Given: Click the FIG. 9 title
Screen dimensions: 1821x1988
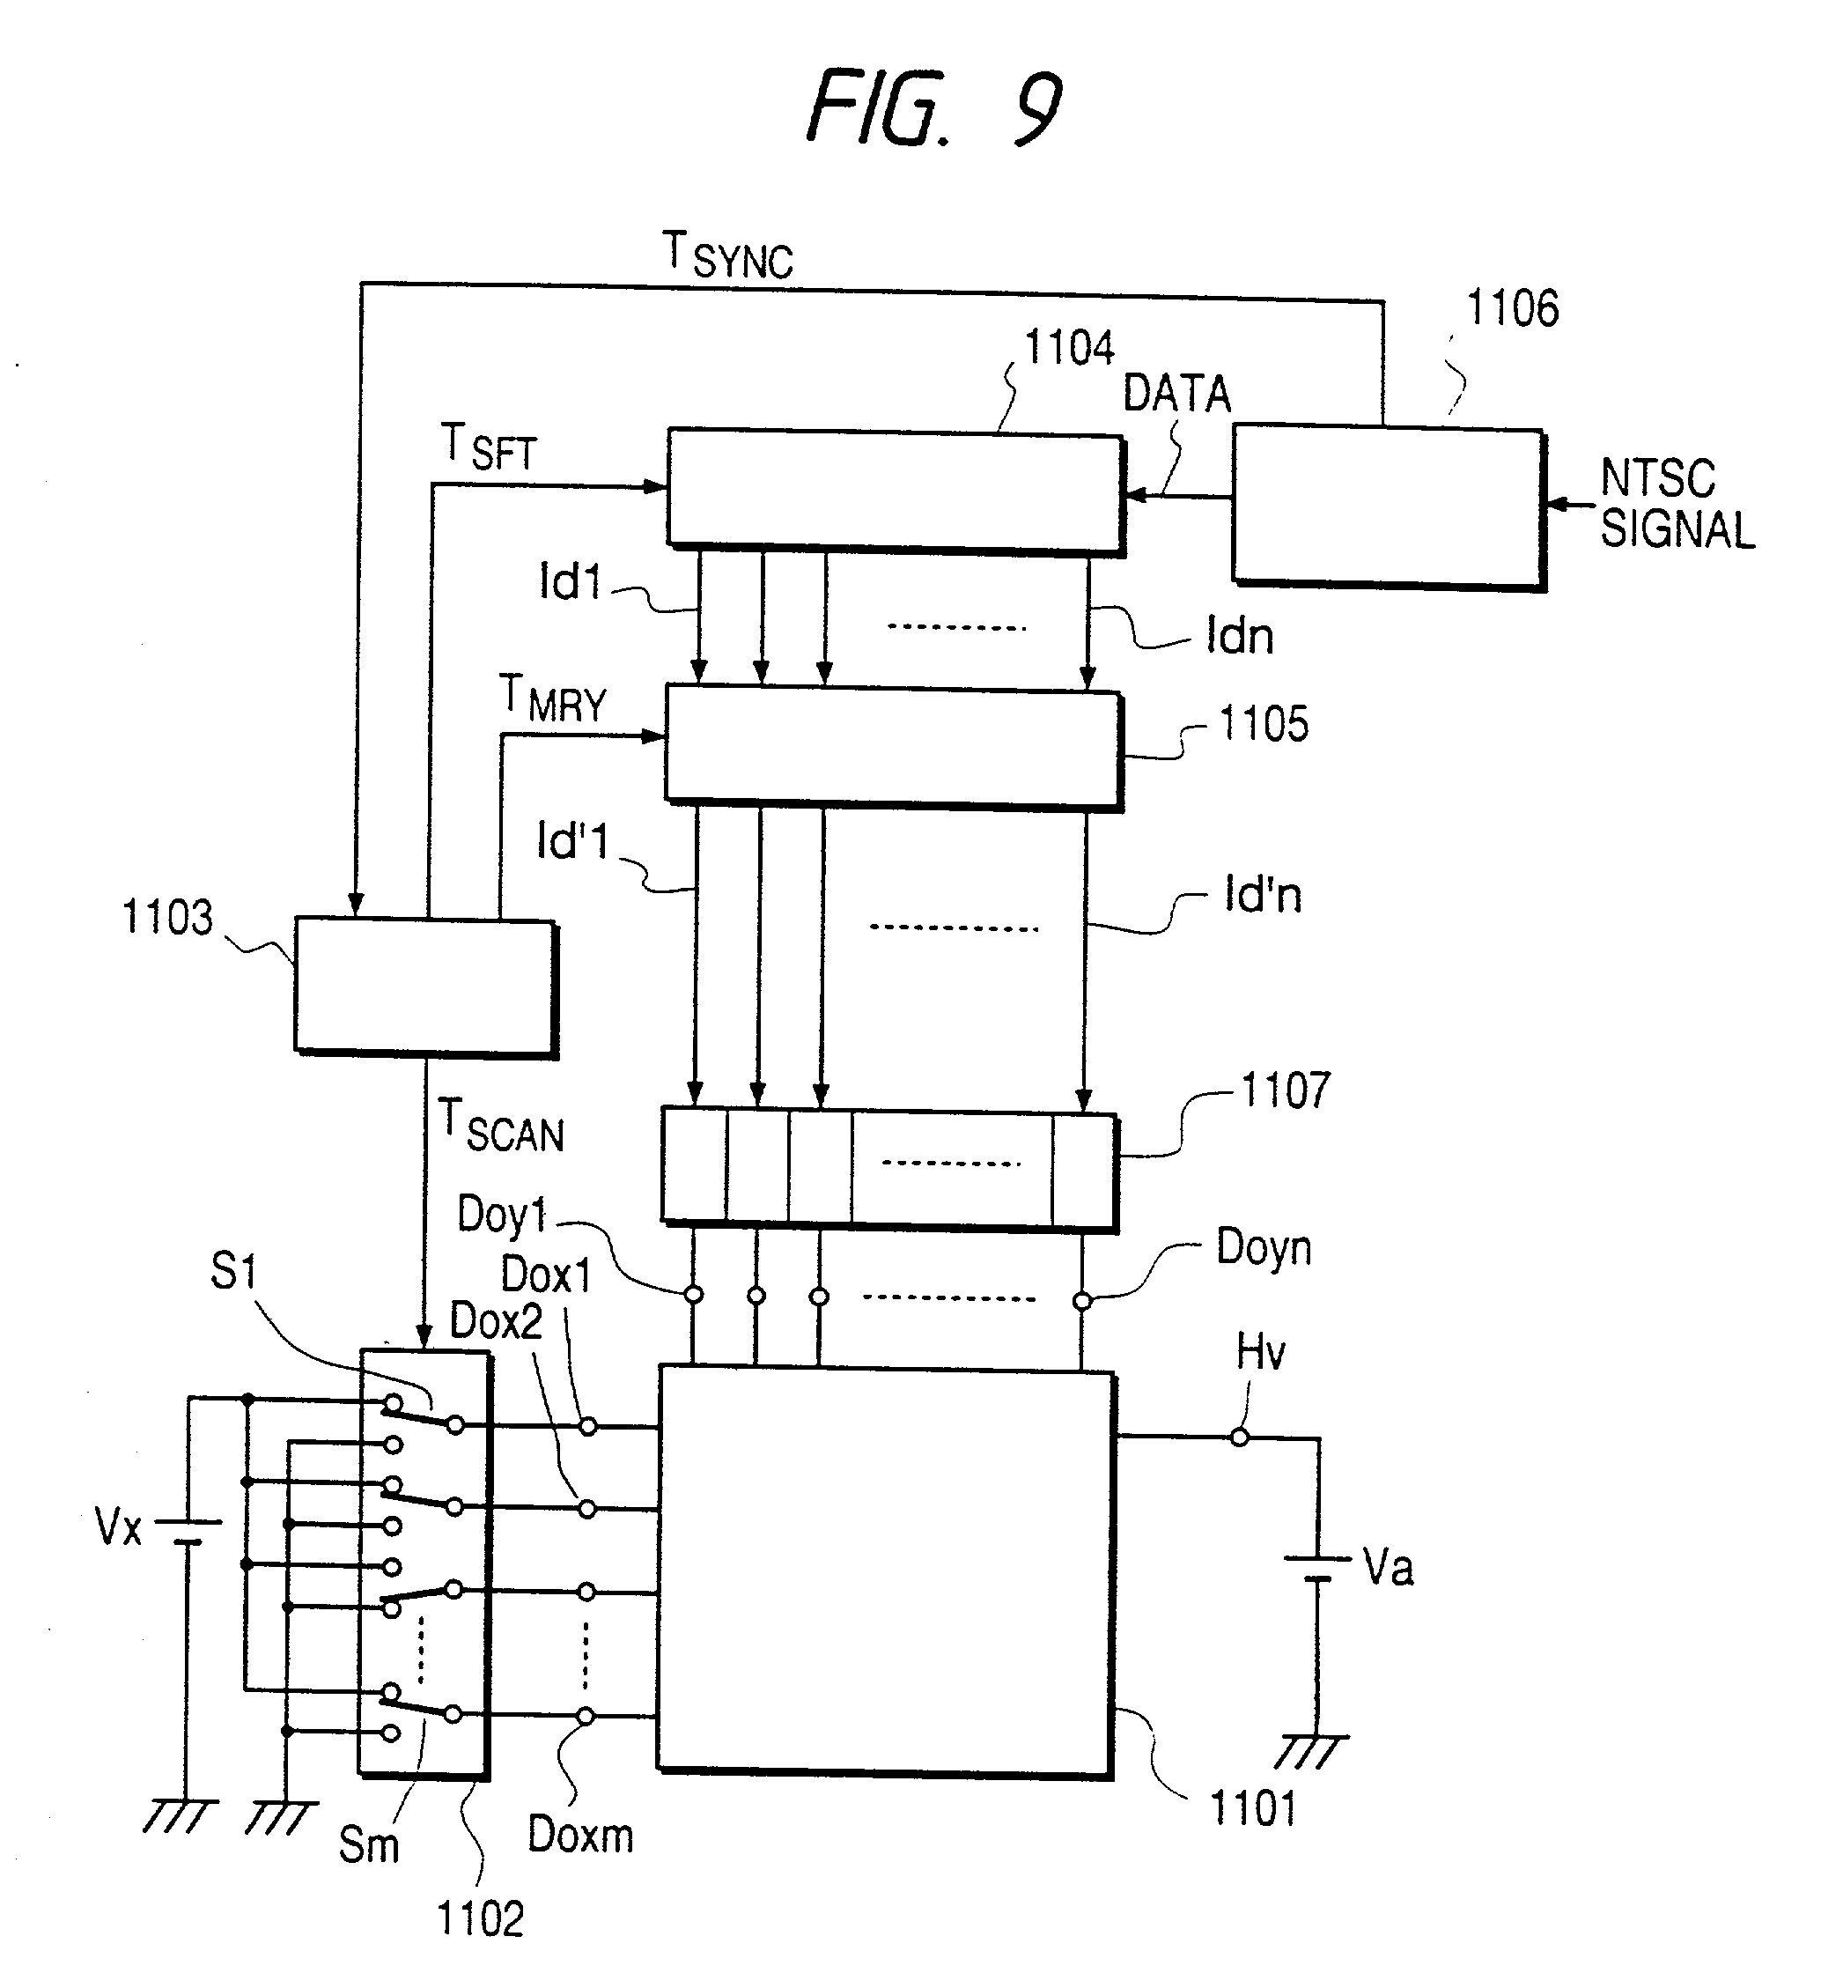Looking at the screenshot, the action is pyautogui.click(x=933, y=107).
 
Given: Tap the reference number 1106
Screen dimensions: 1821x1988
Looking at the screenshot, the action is pyautogui.click(x=1513, y=308).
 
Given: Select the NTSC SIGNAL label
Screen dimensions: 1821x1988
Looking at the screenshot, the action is pyautogui.click(x=1676, y=504).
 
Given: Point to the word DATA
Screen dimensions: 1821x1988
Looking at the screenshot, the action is pyautogui.click(x=1177, y=394).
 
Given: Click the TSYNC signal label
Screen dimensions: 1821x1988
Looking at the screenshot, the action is pyautogui.click(x=727, y=255).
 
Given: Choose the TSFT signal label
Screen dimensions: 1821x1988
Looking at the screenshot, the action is pyautogui.click(x=488, y=447).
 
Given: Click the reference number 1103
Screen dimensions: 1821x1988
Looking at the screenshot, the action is pyautogui.click(x=166, y=917).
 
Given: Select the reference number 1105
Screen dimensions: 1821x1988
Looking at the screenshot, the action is pyautogui.click(x=1264, y=724).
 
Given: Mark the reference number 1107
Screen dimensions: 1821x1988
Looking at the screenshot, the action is pyautogui.click(x=1286, y=1090).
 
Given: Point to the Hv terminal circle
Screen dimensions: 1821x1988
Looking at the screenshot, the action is pyautogui.click(x=1239, y=1437).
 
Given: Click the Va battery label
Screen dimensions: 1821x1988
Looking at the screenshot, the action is pyautogui.click(x=1388, y=1567).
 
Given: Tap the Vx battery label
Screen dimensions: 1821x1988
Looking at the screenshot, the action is pyautogui.click(x=118, y=1526).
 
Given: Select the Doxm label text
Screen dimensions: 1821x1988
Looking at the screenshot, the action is pyautogui.click(x=580, y=1835).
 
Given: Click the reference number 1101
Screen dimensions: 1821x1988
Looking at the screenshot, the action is pyautogui.click(x=1252, y=1808).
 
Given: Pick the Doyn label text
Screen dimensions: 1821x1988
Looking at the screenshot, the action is pyautogui.click(x=1264, y=1248).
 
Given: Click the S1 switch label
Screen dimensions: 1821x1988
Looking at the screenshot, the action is pyautogui.click(x=233, y=1271).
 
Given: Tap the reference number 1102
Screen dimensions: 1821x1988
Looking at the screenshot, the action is pyautogui.click(x=480, y=1919).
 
